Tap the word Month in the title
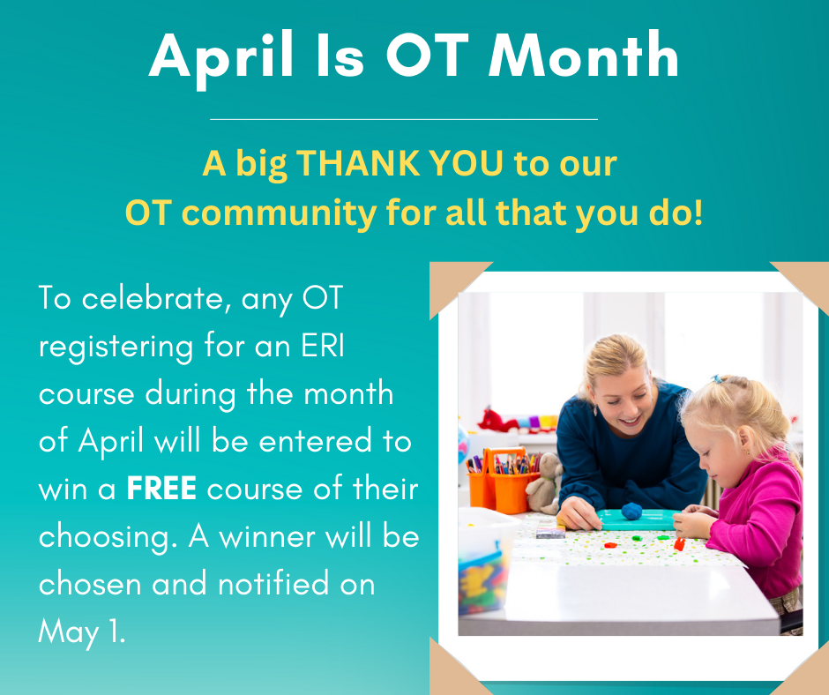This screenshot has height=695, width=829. click(584, 56)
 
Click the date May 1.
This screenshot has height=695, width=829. click(82, 631)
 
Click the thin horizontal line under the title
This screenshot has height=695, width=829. click(404, 118)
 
